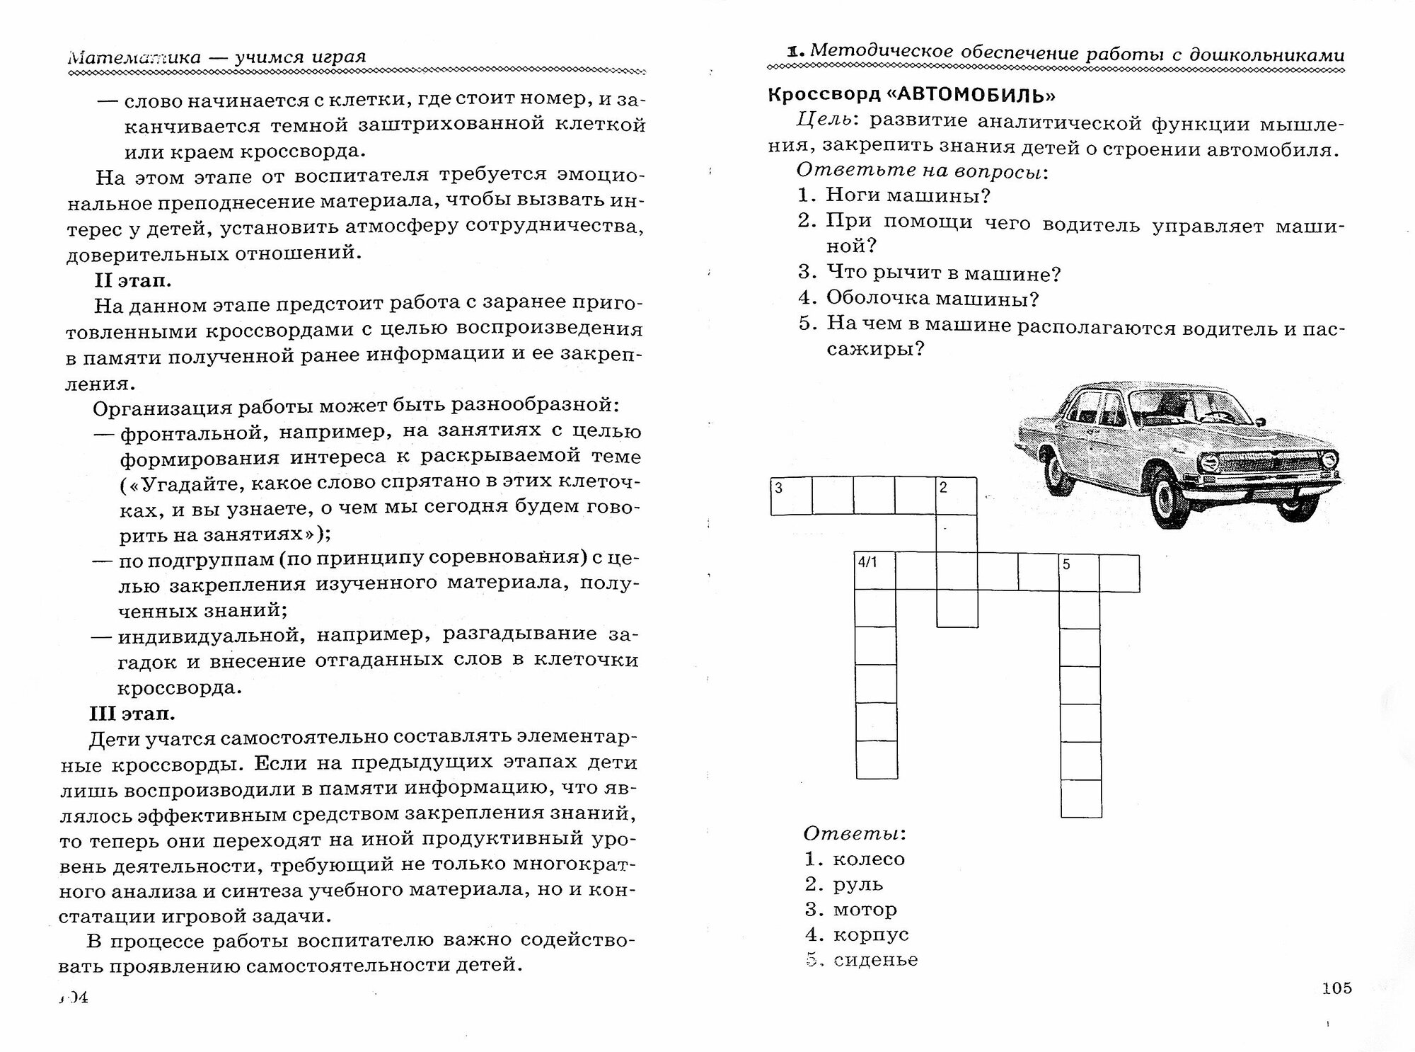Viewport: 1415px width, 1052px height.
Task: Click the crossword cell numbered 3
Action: (791, 496)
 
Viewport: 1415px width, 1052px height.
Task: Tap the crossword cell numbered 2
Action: (957, 496)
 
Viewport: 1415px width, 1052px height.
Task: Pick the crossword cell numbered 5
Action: (1080, 573)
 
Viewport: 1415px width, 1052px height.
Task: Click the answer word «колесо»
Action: (869, 859)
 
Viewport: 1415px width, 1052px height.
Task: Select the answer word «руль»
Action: (858, 884)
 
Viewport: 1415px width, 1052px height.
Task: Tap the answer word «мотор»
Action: (865, 910)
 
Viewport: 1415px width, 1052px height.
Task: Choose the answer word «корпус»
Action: (870, 934)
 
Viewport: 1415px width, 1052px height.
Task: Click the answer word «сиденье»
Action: (875, 960)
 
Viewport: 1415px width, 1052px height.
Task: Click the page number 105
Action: (1336, 988)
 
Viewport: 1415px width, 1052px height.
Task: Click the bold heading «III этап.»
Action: (132, 713)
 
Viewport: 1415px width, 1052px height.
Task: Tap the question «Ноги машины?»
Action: (908, 195)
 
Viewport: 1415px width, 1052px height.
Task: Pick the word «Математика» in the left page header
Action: (134, 57)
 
